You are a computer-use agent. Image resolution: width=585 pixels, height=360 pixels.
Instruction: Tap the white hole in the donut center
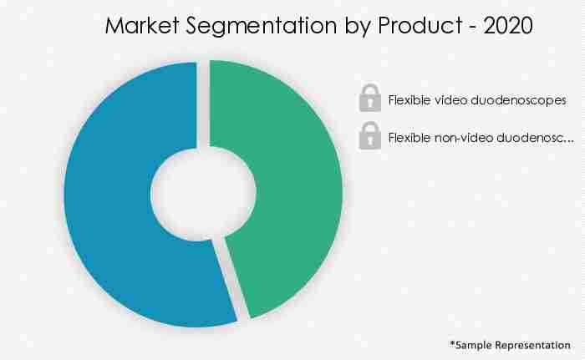coord(203,193)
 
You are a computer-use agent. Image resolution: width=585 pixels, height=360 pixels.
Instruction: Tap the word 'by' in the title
coord(343,28)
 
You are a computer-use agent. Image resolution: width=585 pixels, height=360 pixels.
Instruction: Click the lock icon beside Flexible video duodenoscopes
coord(369,99)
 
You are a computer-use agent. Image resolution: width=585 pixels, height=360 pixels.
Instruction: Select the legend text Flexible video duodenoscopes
coord(477,99)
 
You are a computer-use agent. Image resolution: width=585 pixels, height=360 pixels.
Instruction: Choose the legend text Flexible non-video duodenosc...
coord(481,136)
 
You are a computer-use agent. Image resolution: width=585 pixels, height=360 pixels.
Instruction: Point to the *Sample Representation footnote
coord(510,344)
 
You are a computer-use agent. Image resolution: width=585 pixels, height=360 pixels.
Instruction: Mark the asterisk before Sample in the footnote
coord(452,342)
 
